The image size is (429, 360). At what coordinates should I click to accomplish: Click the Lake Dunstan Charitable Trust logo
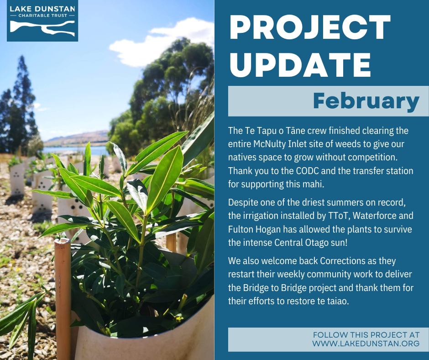[42, 21]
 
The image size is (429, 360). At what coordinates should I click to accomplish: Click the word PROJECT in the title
[310, 27]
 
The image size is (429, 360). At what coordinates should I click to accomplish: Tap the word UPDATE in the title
[300, 65]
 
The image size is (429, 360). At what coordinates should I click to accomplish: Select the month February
[366, 101]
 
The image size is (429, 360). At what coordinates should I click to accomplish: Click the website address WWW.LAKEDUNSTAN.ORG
[366, 343]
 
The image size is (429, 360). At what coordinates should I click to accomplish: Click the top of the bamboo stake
[62, 241]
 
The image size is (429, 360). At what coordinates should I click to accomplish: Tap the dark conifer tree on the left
[19, 107]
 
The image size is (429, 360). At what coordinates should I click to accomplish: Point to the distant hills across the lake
[77, 138]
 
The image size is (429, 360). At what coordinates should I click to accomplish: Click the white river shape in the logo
[42, 28]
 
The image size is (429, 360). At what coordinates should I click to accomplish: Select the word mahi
[314, 184]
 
